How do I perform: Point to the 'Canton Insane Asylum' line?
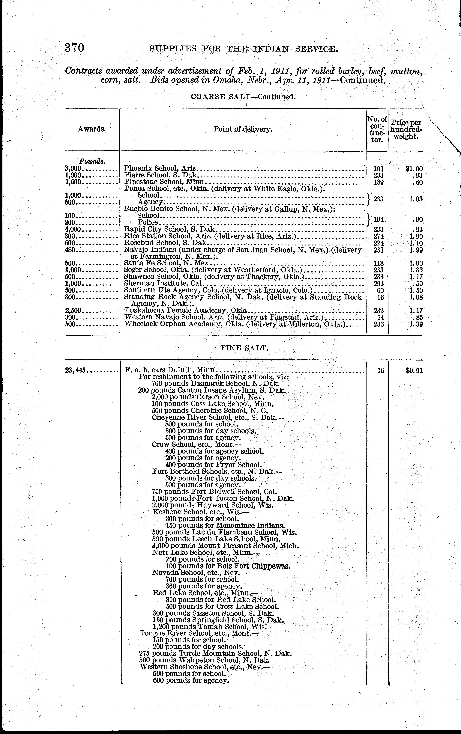click(x=212, y=390)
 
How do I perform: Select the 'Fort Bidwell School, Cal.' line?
click(x=214, y=492)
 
